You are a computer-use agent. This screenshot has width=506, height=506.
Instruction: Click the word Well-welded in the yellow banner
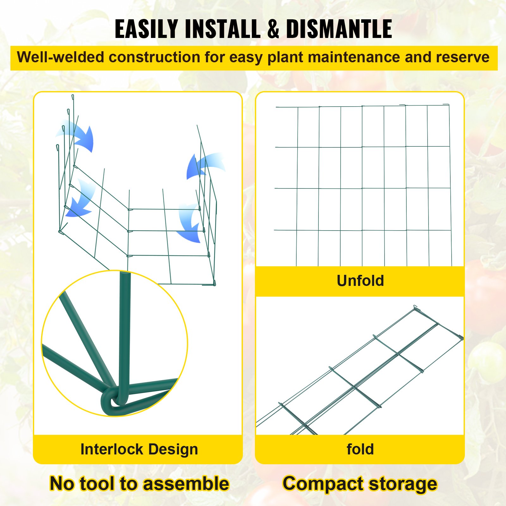[60, 57]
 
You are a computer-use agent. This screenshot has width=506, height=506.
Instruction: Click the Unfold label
[360, 281]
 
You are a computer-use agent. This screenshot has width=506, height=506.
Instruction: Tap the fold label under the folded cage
[360, 449]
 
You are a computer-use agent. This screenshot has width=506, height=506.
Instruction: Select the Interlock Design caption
[139, 449]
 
